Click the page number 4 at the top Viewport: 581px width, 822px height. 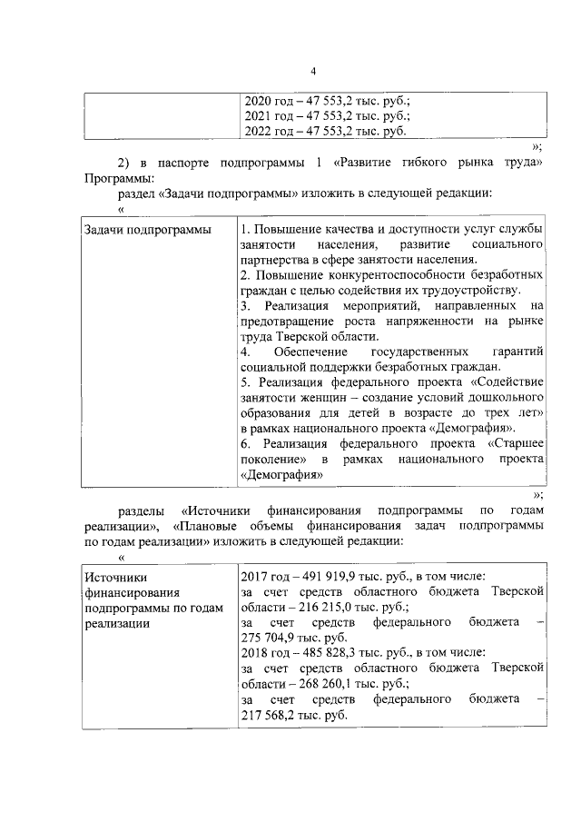[x=312, y=73]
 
